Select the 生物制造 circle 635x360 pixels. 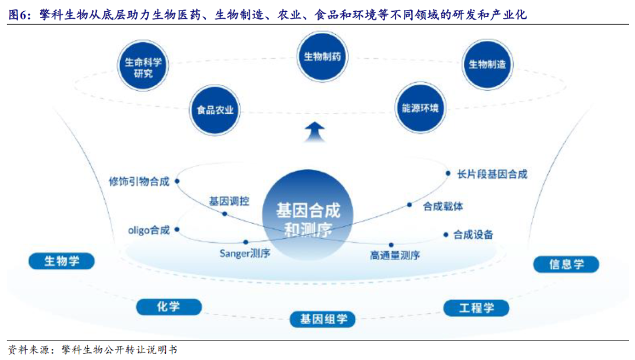(487, 65)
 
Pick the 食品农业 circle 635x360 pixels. (215, 110)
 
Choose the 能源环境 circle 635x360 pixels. (420, 108)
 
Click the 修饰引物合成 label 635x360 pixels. (139, 181)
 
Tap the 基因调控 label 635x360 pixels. (229, 201)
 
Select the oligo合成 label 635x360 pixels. (149, 230)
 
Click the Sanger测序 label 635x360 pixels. (245, 254)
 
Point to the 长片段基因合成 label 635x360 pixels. (493, 174)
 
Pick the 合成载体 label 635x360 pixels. (443, 206)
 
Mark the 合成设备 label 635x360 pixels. (473, 235)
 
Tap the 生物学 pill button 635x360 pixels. (61, 261)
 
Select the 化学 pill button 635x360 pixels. (169, 306)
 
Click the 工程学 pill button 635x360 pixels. (476, 307)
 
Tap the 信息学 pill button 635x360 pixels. (566, 264)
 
